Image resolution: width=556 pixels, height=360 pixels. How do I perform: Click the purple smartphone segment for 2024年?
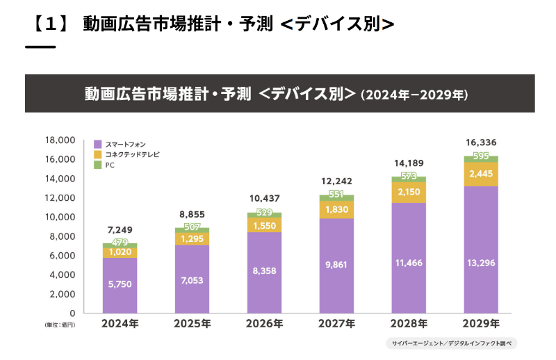point(120,286)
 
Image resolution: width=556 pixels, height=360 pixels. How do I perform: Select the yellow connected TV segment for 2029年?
point(481,174)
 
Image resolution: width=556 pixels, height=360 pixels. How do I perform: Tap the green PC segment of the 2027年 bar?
point(336,198)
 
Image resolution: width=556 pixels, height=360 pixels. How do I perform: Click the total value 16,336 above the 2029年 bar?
point(481,142)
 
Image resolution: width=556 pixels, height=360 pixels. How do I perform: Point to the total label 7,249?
point(120,229)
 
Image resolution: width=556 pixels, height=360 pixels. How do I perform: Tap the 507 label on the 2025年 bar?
point(192,227)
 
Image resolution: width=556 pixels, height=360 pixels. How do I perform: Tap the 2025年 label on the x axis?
point(192,324)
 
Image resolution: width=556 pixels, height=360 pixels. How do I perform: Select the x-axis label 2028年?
point(409,324)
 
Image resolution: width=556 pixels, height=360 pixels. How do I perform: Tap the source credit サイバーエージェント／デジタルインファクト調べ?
point(452,343)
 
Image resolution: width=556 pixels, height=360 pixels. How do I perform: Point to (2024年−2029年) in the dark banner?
point(415,94)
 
